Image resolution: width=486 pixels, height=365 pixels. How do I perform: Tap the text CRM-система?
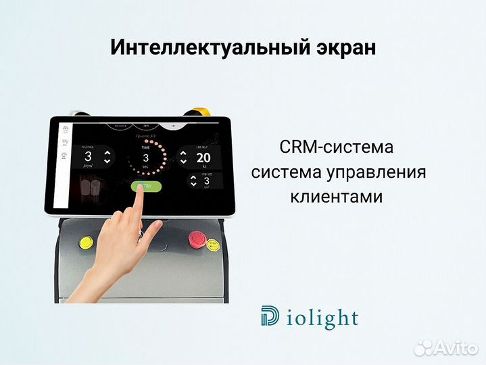(336, 147)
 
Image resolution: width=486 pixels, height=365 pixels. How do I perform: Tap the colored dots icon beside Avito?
(425, 347)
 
